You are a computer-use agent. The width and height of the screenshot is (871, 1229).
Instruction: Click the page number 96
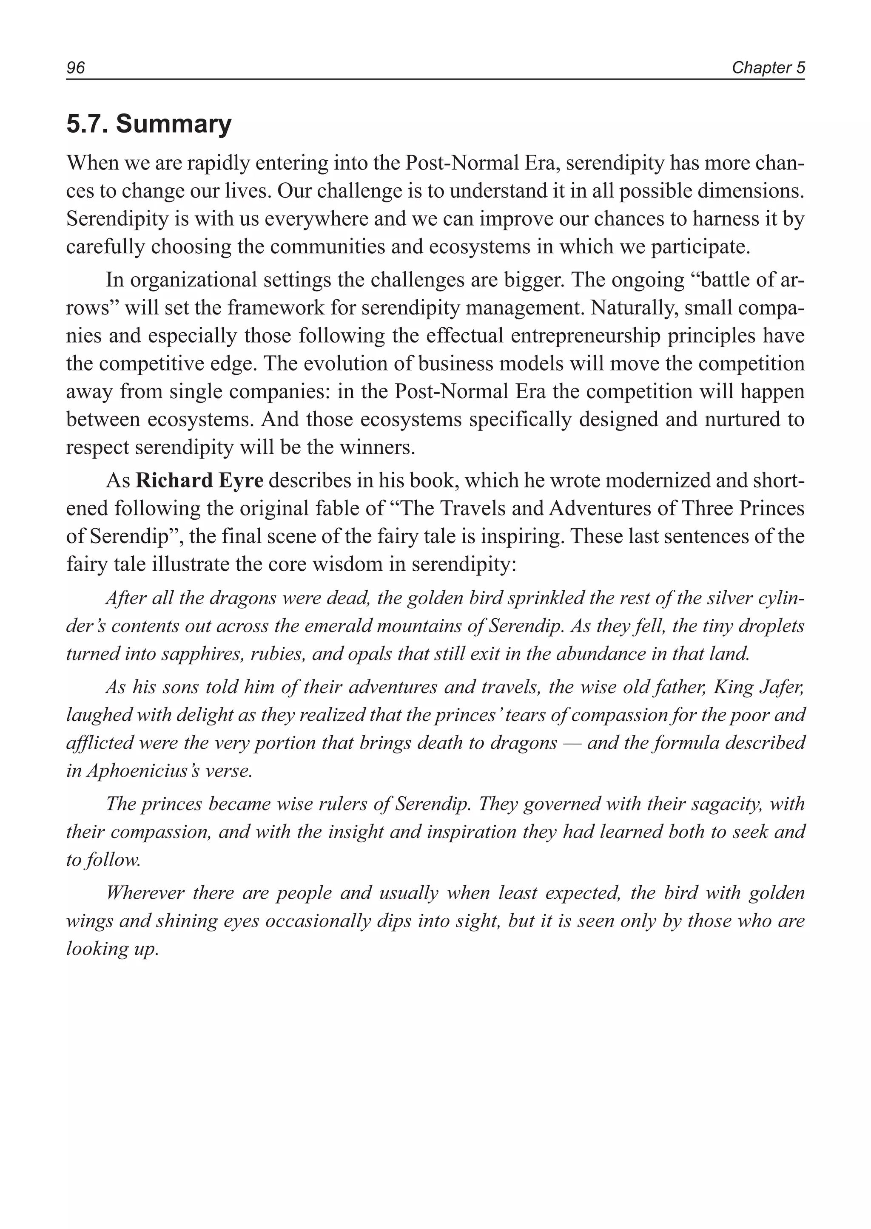[76, 68]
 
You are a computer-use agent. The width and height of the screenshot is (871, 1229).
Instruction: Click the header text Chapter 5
[768, 68]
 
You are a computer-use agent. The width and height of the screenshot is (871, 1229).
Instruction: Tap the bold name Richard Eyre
[199, 481]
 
